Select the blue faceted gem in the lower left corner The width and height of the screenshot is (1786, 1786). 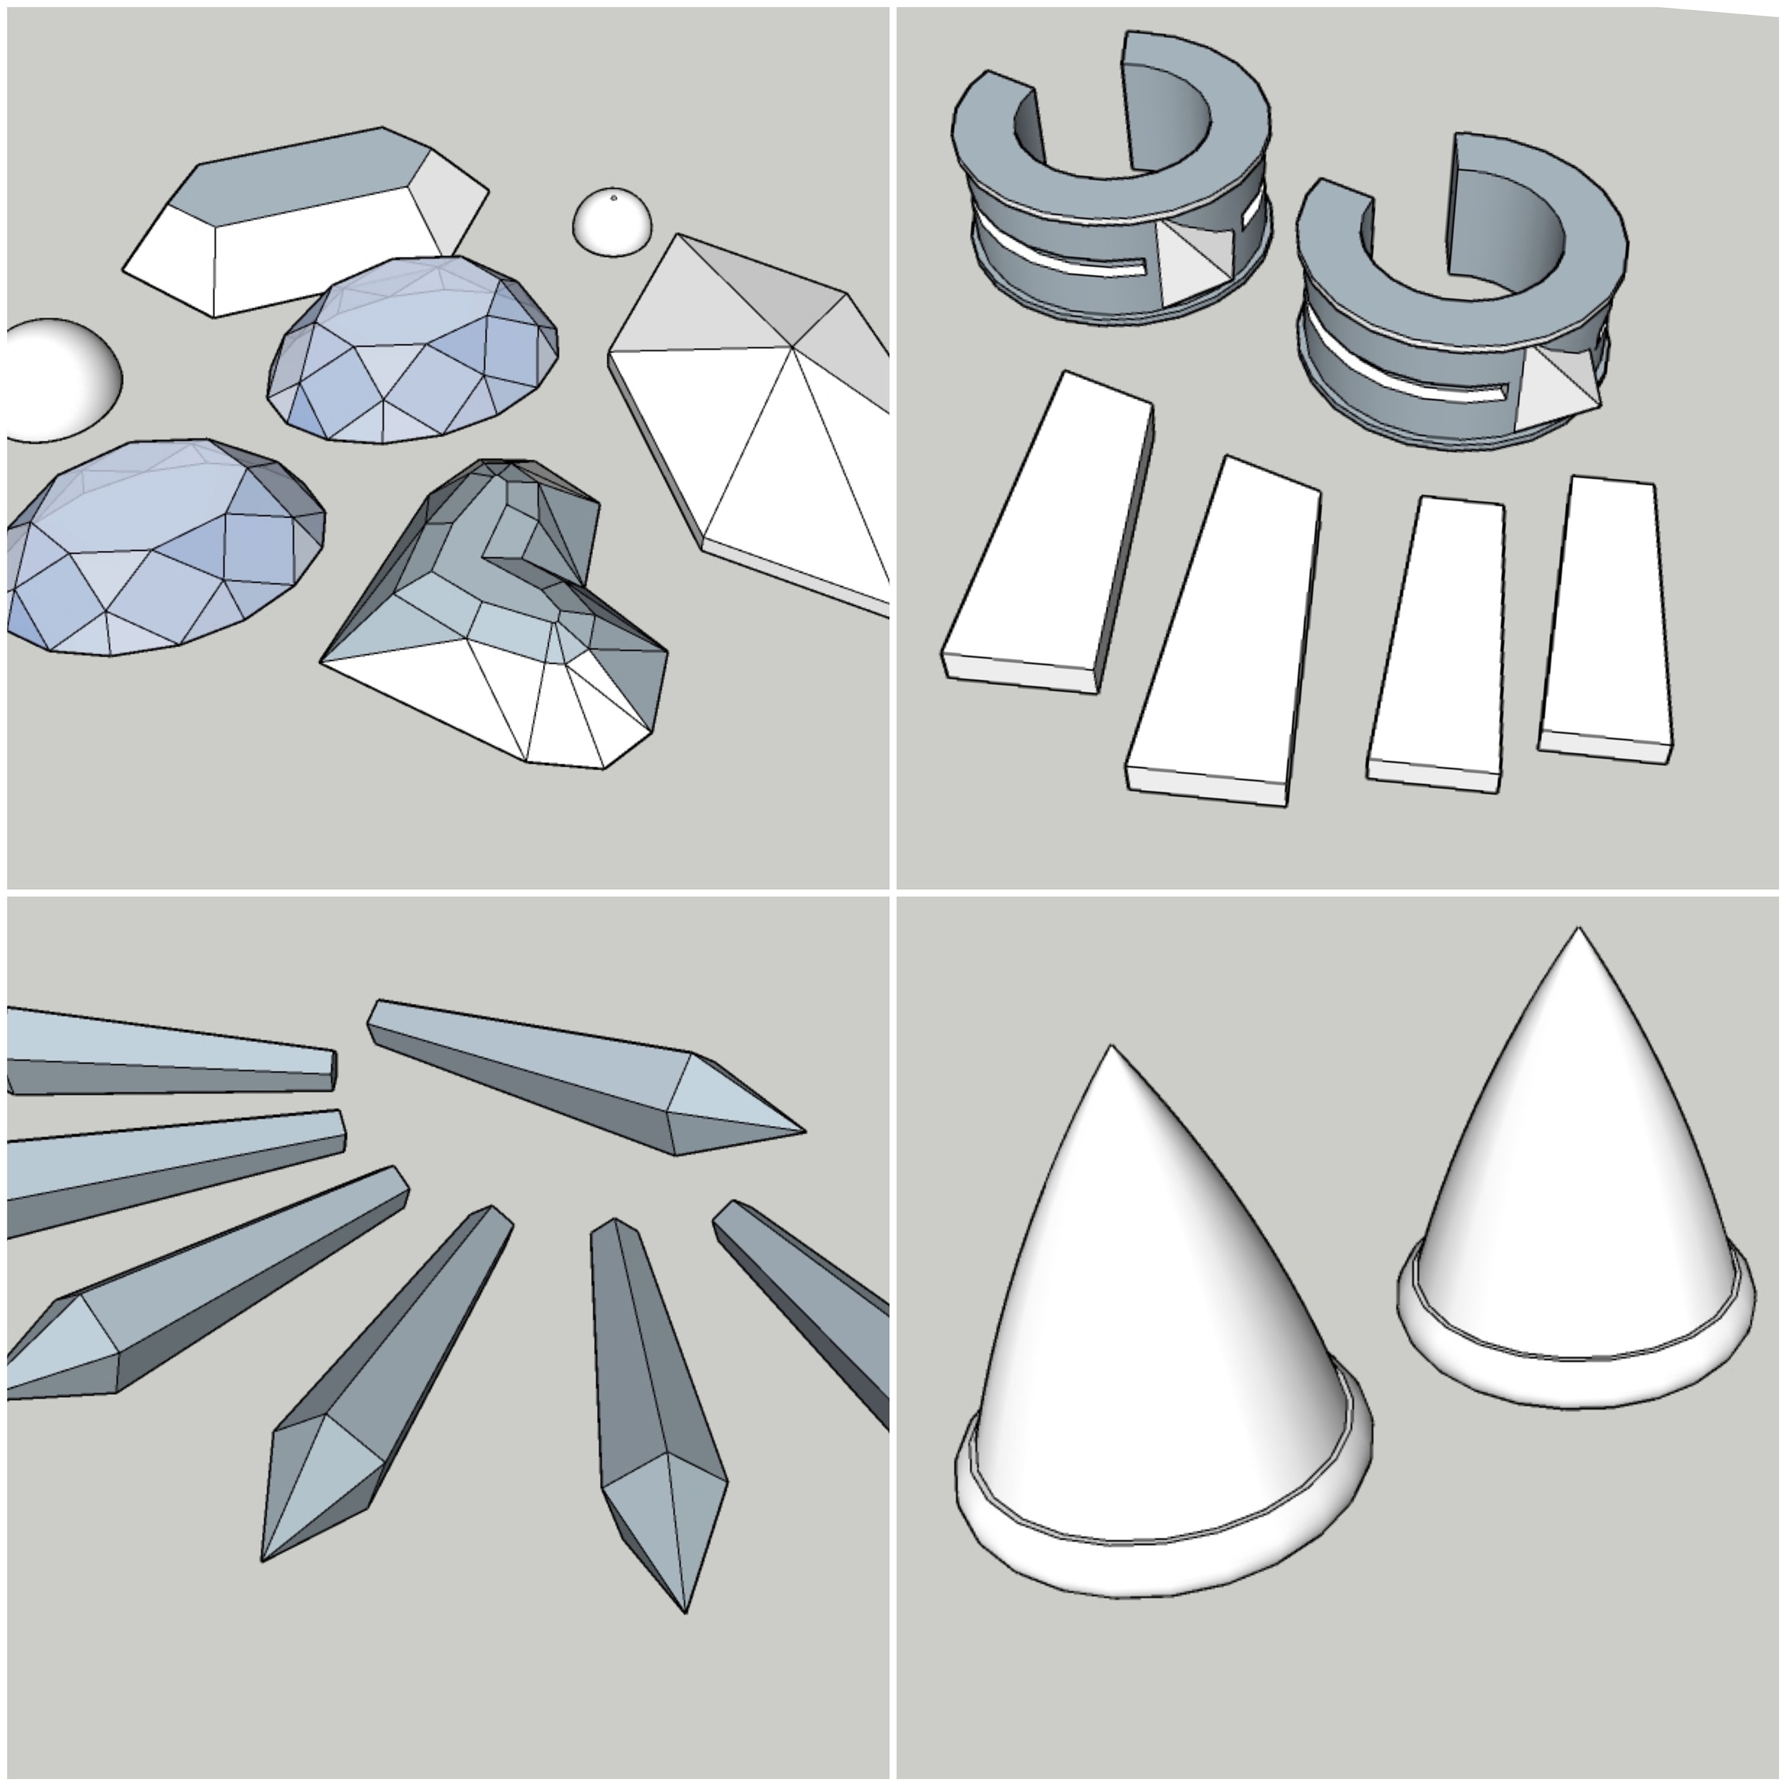157,550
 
